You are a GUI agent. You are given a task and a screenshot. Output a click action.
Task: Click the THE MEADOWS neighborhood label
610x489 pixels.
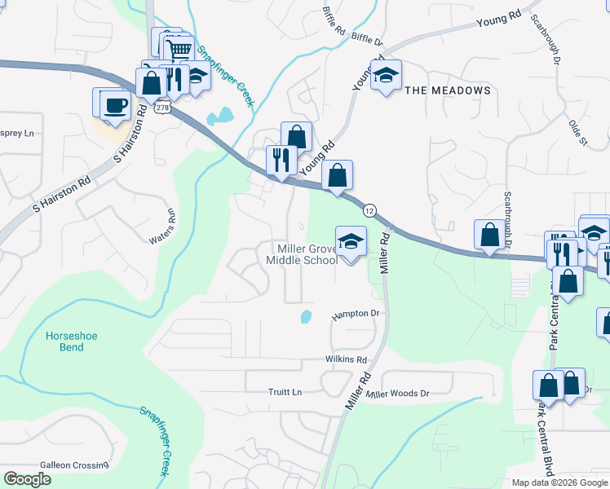[449, 90]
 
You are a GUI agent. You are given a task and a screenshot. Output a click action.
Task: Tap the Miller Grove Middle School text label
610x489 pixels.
[302, 254]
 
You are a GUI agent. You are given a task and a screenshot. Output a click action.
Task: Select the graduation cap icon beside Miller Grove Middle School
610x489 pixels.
[351, 241]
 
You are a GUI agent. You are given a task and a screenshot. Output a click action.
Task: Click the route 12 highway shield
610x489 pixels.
[369, 210]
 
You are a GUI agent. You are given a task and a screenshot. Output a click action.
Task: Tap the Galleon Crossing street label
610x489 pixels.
[76, 465]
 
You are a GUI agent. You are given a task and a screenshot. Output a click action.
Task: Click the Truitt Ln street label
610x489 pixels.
[285, 392]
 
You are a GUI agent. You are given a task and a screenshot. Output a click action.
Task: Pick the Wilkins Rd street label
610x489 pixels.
[347, 359]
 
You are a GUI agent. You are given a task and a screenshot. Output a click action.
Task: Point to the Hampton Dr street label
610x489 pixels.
[356, 314]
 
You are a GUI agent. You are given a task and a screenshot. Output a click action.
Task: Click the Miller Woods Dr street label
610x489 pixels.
[397, 394]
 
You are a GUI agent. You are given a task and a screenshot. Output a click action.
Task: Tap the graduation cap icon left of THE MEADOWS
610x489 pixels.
[386, 75]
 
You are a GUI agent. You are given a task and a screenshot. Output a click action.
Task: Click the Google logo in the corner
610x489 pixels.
[27, 478]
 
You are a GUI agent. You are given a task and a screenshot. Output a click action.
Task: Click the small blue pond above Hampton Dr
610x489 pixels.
[306, 316]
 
